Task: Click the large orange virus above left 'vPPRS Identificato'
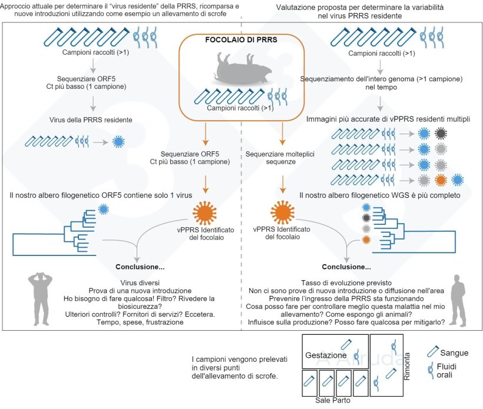(207, 211)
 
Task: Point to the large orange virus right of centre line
(282, 211)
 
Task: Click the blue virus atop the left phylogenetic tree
(104, 208)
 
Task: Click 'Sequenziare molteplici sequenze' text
(274, 158)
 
